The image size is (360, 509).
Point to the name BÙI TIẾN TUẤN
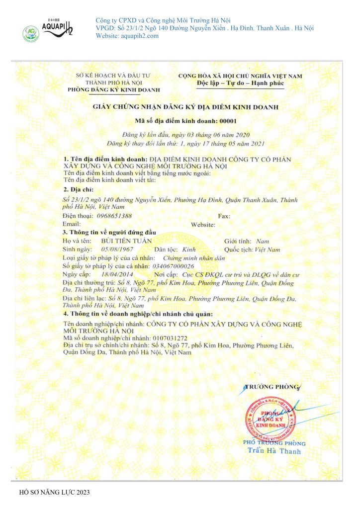[x=122, y=241]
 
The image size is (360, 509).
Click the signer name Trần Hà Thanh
[x=274, y=451]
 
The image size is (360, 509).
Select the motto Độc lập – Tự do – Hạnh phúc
[x=240, y=83]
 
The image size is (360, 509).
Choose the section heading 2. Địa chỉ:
[x=79, y=190]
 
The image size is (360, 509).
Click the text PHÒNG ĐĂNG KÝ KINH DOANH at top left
[x=114, y=89]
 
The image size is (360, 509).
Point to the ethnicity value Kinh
[x=189, y=249]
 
